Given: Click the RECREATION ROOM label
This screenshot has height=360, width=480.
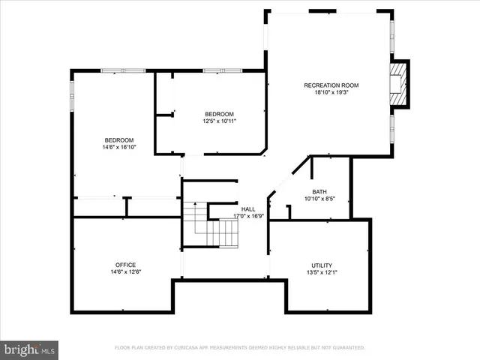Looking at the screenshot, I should [331, 85].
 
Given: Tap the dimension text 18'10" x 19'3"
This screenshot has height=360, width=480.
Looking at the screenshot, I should [331, 94].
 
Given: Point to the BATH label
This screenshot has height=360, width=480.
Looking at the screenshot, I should [319, 192].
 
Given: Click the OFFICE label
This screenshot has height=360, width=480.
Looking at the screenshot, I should [125, 265].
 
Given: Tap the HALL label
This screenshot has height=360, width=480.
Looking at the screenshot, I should [247, 208].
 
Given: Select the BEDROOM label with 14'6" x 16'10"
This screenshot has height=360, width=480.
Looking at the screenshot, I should [118, 140].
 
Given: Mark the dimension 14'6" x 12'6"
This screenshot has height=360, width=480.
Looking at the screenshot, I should [125, 272].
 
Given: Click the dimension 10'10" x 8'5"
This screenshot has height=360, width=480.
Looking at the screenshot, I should [319, 199].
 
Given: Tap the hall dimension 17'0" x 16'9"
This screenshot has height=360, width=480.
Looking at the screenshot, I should [247, 216].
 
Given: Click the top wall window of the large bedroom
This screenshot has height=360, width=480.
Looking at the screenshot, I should [123, 70].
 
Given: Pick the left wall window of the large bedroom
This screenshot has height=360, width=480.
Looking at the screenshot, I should [72, 94].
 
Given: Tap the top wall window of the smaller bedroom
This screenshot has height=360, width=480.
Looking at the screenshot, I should [223, 70].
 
